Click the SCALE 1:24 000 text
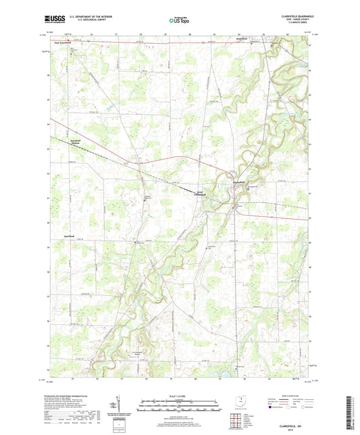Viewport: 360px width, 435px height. pyautogui.click(x=179, y=396)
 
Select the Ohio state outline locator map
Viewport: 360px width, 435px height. pyautogui.click(x=234, y=399)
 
